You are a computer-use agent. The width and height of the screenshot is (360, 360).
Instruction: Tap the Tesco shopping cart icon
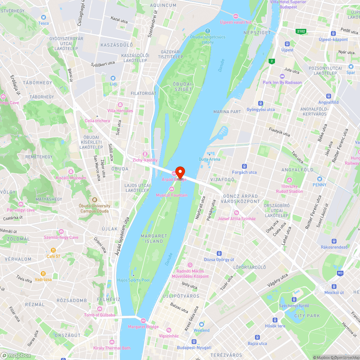click(x=44, y=17)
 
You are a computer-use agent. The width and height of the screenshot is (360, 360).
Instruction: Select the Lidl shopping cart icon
click(x=113, y=78)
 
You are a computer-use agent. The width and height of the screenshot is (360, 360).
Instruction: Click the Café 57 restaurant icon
click(x=53, y=250)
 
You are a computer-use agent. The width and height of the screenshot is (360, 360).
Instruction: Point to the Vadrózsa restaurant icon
click(x=43, y=273)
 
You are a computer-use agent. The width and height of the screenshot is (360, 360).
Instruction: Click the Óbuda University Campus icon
click(x=95, y=200)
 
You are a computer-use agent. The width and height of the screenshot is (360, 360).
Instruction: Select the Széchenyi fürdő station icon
click(x=294, y=299)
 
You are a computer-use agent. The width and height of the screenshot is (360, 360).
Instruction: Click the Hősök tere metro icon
click(x=275, y=320)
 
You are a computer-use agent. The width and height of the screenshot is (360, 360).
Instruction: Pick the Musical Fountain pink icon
click(x=172, y=189)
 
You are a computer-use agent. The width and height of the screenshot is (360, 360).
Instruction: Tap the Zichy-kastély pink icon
click(x=145, y=154)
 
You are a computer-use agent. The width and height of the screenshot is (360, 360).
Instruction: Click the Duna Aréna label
click(x=209, y=159)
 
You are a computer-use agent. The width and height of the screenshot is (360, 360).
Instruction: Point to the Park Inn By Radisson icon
click(x=282, y=76)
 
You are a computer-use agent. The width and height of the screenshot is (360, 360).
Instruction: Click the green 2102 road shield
click(x=301, y=32)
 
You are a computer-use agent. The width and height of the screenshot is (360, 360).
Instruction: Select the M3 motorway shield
click(x=340, y=273)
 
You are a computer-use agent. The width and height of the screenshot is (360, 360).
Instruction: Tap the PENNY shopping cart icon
click(x=319, y=179)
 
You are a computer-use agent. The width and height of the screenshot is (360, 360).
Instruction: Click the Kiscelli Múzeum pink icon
click(x=71, y=172)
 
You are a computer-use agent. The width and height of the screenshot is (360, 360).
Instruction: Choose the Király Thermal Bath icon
click(x=112, y=342)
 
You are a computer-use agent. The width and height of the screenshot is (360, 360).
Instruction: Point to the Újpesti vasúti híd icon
click(x=235, y=16)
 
